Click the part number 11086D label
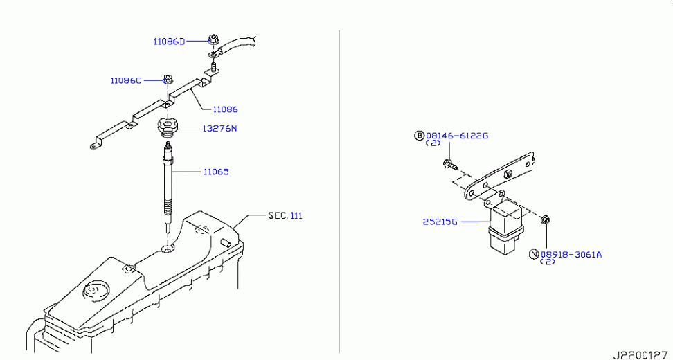click(169, 42)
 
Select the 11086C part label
click(126, 80)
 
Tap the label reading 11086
click(225, 109)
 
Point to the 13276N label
click(219, 128)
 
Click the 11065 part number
click(216, 172)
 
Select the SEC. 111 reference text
click(285, 215)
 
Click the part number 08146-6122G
click(457, 136)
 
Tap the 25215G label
click(440, 222)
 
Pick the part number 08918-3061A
click(571, 255)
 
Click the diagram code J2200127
click(642, 355)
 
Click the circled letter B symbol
click(419, 136)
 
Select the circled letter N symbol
click(534, 255)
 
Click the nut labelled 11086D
click(213, 39)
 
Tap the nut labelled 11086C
click(168, 80)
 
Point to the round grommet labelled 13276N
click(168, 127)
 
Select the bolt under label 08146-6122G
click(449, 164)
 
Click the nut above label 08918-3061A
click(546, 219)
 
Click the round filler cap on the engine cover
click(93, 291)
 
